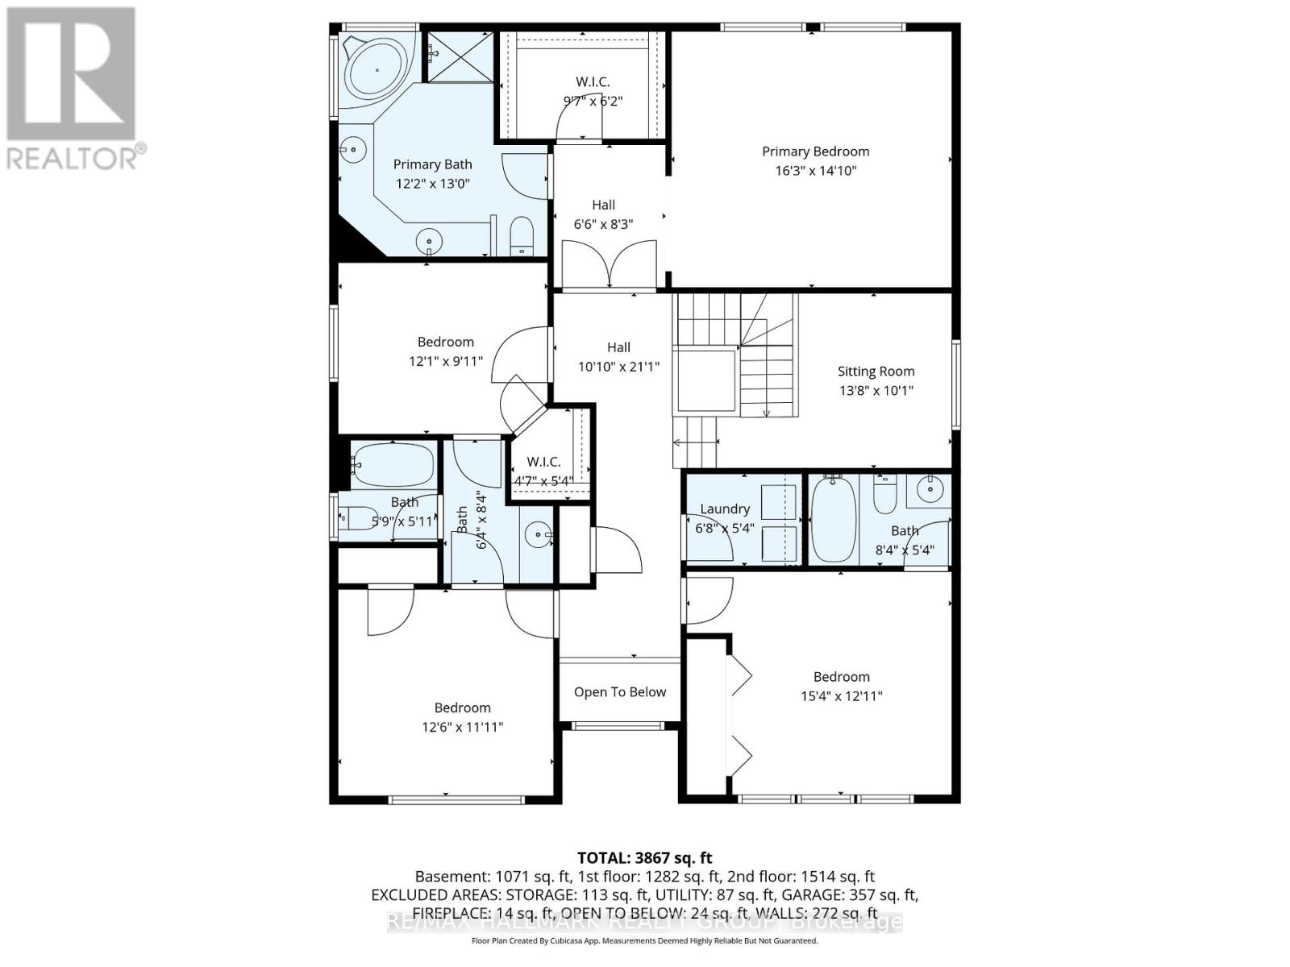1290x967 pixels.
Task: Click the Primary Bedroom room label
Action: coord(815,151)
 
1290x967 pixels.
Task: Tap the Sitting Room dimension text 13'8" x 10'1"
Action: coord(876,391)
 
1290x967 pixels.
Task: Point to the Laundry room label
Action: coord(724,508)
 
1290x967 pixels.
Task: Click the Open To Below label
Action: coord(620,692)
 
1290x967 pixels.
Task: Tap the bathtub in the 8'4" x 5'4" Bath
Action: coord(833,520)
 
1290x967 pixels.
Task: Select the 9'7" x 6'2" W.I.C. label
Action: coord(593,82)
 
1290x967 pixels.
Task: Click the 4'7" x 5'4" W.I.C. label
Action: coord(543,462)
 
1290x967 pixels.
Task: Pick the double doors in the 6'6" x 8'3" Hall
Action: coord(610,267)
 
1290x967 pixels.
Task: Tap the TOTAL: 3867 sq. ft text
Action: coord(644,858)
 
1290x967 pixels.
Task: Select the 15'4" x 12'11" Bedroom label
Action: coord(841,677)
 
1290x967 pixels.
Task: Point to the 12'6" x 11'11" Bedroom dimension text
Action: coord(462,727)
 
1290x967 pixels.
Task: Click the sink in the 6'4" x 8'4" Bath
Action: coord(539,533)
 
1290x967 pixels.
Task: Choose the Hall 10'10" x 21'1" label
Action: coord(618,347)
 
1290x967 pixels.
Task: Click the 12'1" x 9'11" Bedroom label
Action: coord(445,342)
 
